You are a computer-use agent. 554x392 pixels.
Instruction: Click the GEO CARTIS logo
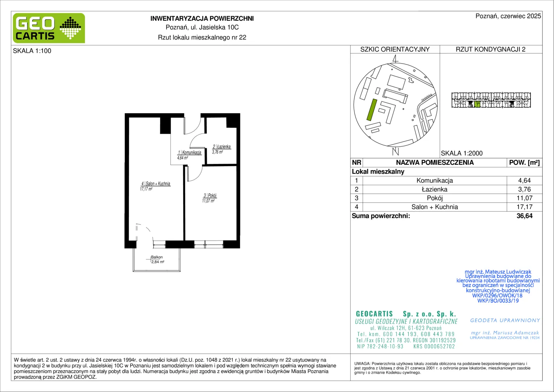(x=49, y=28)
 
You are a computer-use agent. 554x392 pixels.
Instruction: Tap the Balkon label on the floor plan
(x=157, y=257)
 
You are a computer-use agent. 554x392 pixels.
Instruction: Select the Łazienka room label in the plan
(x=222, y=147)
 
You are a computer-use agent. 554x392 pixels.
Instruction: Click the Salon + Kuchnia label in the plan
(x=156, y=184)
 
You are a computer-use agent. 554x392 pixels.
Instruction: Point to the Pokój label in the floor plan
(x=210, y=195)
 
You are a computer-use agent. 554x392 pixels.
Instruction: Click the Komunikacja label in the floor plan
(x=190, y=152)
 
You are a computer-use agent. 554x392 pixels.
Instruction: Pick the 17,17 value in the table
(x=524, y=207)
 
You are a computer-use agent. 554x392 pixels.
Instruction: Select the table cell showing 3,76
(x=524, y=189)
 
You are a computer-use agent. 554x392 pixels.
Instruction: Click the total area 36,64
(x=524, y=216)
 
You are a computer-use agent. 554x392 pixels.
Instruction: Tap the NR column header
(x=357, y=163)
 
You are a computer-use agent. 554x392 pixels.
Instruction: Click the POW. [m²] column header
(x=524, y=163)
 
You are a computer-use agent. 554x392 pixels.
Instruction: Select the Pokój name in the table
(x=435, y=198)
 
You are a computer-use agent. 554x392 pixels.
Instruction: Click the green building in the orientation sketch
(x=372, y=110)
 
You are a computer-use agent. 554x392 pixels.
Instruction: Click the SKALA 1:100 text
(x=32, y=51)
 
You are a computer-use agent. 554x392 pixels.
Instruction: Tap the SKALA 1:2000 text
(x=462, y=153)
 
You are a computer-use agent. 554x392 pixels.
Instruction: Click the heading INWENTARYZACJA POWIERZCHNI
(x=202, y=19)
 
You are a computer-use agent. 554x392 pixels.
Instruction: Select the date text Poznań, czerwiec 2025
(x=508, y=16)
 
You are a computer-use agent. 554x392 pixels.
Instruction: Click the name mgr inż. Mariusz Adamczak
(x=505, y=332)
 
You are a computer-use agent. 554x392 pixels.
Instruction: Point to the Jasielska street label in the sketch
(x=427, y=97)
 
